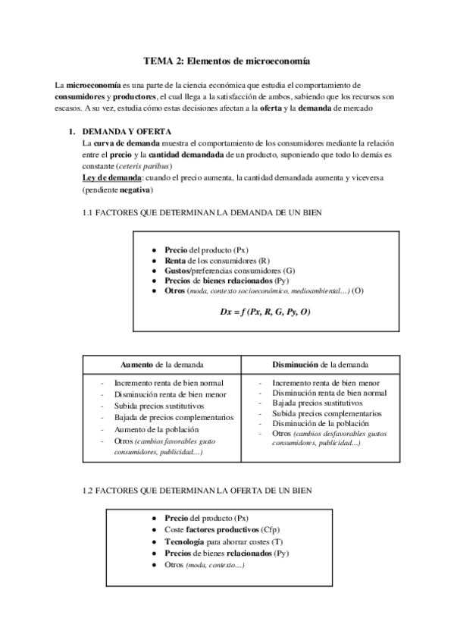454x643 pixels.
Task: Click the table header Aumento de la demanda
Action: click(161, 364)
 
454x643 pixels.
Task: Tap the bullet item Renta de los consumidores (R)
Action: click(217, 260)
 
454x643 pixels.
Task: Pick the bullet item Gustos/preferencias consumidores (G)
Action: click(230, 270)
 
